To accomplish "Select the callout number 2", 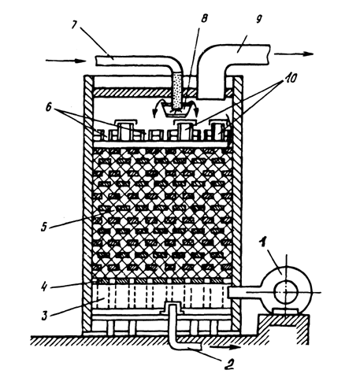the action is click(x=229, y=364).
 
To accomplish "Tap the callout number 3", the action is click(x=45, y=314).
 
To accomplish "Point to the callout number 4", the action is click(x=45, y=286).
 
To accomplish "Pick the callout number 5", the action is click(x=44, y=226).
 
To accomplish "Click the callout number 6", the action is click(x=49, y=107).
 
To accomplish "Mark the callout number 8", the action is click(x=204, y=18).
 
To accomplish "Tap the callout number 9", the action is click(x=258, y=19).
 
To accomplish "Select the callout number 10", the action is click(x=289, y=78).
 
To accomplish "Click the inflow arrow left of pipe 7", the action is click(x=65, y=61).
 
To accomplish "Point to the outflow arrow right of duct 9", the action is click(x=294, y=54).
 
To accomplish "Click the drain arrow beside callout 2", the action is click(x=226, y=347).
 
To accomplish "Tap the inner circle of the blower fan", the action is click(x=286, y=292).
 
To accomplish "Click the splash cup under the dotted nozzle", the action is click(x=176, y=110).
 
